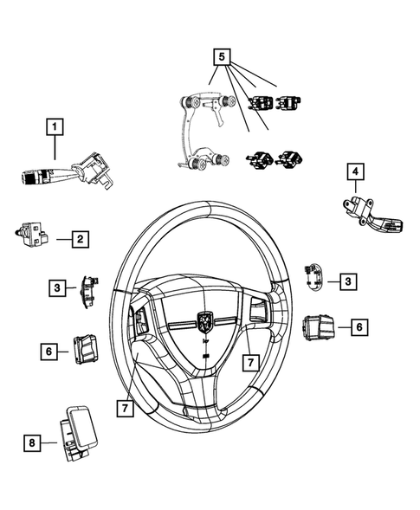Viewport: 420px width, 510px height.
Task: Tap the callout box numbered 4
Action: pyautogui.click(x=355, y=172)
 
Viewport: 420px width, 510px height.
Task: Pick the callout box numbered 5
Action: pyautogui.click(x=223, y=58)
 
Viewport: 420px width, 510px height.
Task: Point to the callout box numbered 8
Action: pyautogui.click(x=33, y=443)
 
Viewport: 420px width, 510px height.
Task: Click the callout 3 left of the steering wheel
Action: pyautogui.click(x=56, y=287)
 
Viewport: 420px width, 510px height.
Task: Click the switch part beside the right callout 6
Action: pyautogui.click(x=319, y=328)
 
